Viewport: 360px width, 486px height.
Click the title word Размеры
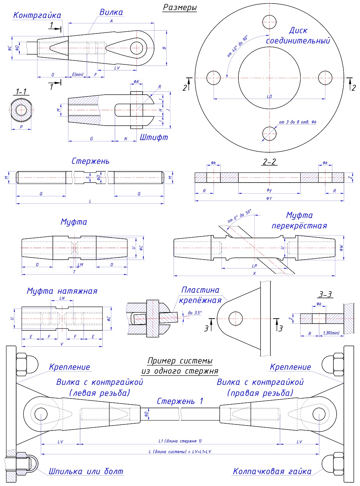(x=180, y=8)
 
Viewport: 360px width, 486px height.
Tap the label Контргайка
(x=37, y=15)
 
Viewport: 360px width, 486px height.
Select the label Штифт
(x=154, y=137)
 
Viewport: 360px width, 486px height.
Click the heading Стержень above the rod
(x=90, y=161)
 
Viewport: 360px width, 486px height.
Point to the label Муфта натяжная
(x=62, y=291)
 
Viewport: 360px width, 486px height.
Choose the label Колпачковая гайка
(x=272, y=471)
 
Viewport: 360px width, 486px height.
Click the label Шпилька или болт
(x=86, y=471)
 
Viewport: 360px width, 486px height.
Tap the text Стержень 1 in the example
(x=180, y=401)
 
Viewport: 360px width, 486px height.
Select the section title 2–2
(x=269, y=162)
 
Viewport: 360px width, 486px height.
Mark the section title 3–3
(x=325, y=294)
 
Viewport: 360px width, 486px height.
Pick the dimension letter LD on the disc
(x=269, y=96)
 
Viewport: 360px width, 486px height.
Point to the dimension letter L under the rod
(x=90, y=201)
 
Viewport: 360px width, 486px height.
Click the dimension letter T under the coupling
(x=74, y=272)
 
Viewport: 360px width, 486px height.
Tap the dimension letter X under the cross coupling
(x=255, y=274)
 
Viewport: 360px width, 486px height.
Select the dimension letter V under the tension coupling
(x=62, y=344)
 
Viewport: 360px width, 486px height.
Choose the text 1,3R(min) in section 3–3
(x=331, y=333)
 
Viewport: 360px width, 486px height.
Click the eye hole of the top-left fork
(x=137, y=48)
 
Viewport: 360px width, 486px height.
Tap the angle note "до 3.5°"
(x=195, y=313)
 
